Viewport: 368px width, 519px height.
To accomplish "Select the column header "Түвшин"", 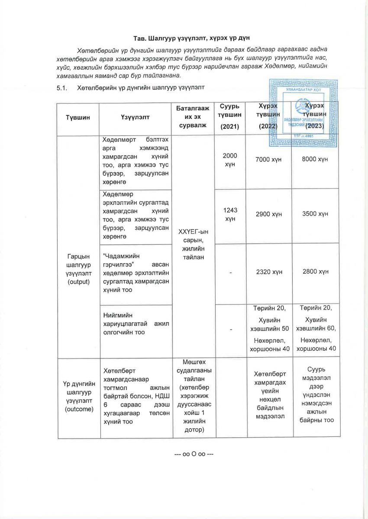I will pos(78,118).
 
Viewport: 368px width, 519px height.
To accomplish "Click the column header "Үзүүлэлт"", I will pos(136,118).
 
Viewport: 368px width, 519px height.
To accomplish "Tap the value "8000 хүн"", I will pos(315,160).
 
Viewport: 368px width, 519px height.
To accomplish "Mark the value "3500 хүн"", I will pos(315,214).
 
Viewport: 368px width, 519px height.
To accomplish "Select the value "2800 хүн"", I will pos(315,272).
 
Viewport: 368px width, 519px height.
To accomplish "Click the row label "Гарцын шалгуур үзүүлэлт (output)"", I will pos(78,269).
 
